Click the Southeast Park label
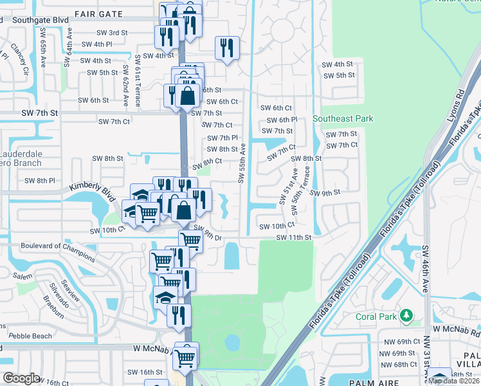point(343,119)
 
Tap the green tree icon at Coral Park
point(406,315)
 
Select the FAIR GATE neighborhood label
point(98,13)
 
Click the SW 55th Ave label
point(242,163)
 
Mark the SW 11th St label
point(294,237)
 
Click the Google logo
point(21,378)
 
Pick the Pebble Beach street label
point(31,336)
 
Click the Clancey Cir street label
point(19,59)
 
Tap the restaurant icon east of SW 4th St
point(228,48)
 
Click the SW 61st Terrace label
point(138,80)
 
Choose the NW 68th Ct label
point(394,365)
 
